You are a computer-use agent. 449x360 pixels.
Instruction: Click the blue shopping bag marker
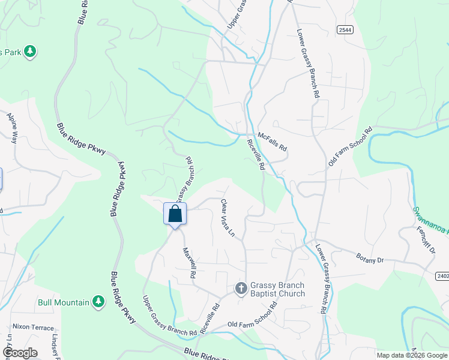(175, 214)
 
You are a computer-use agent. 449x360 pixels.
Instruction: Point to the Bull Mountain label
(63, 302)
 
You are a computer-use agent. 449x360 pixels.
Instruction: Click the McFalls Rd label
(273, 141)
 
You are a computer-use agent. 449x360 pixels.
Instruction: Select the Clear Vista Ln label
(227, 217)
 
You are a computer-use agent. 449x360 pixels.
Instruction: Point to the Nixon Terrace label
(33, 328)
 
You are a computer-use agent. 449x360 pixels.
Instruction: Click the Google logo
(19, 352)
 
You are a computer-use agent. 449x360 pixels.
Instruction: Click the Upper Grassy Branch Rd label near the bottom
(169, 316)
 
